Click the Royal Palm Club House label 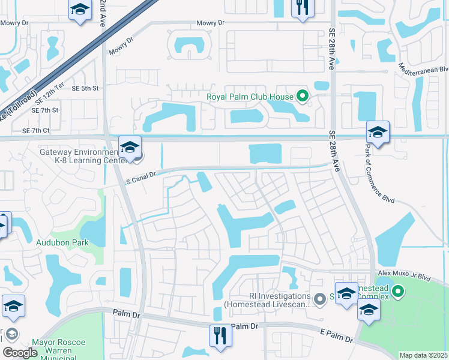tap(250, 97)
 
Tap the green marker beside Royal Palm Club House tap(303, 96)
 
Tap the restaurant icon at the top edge tap(301, 8)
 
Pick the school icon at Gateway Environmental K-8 tap(130, 146)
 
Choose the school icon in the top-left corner tap(79, 10)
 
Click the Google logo tap(19, 353)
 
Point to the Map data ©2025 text tap(423, 355)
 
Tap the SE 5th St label tap(85, 88)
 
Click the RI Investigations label tap(267, 300)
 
